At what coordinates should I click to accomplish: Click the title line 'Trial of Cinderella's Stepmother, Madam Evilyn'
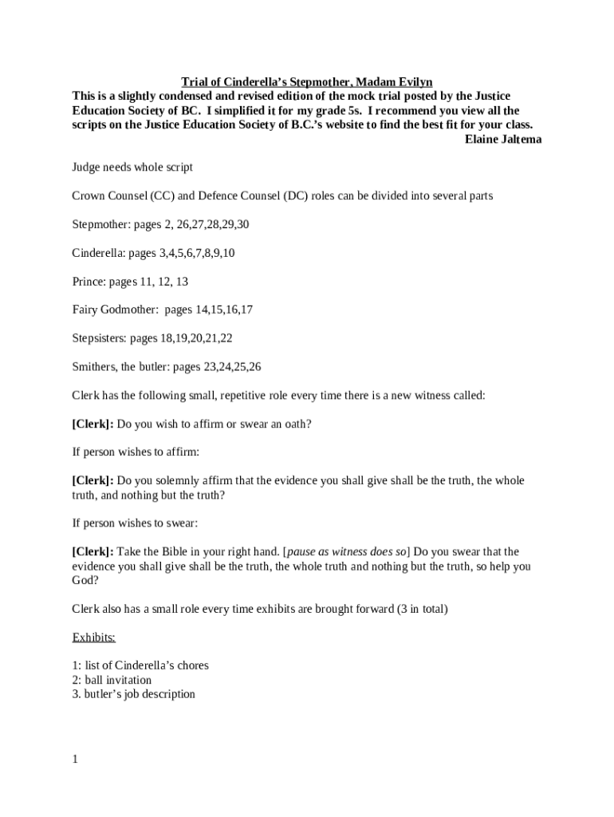307,82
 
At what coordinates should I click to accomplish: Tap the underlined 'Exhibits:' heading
94,637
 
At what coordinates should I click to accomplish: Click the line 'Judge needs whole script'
132,168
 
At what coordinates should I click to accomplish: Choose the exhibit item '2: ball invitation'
112,680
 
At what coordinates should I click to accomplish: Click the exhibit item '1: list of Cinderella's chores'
140,665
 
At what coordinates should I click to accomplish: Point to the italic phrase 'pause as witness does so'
347,552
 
